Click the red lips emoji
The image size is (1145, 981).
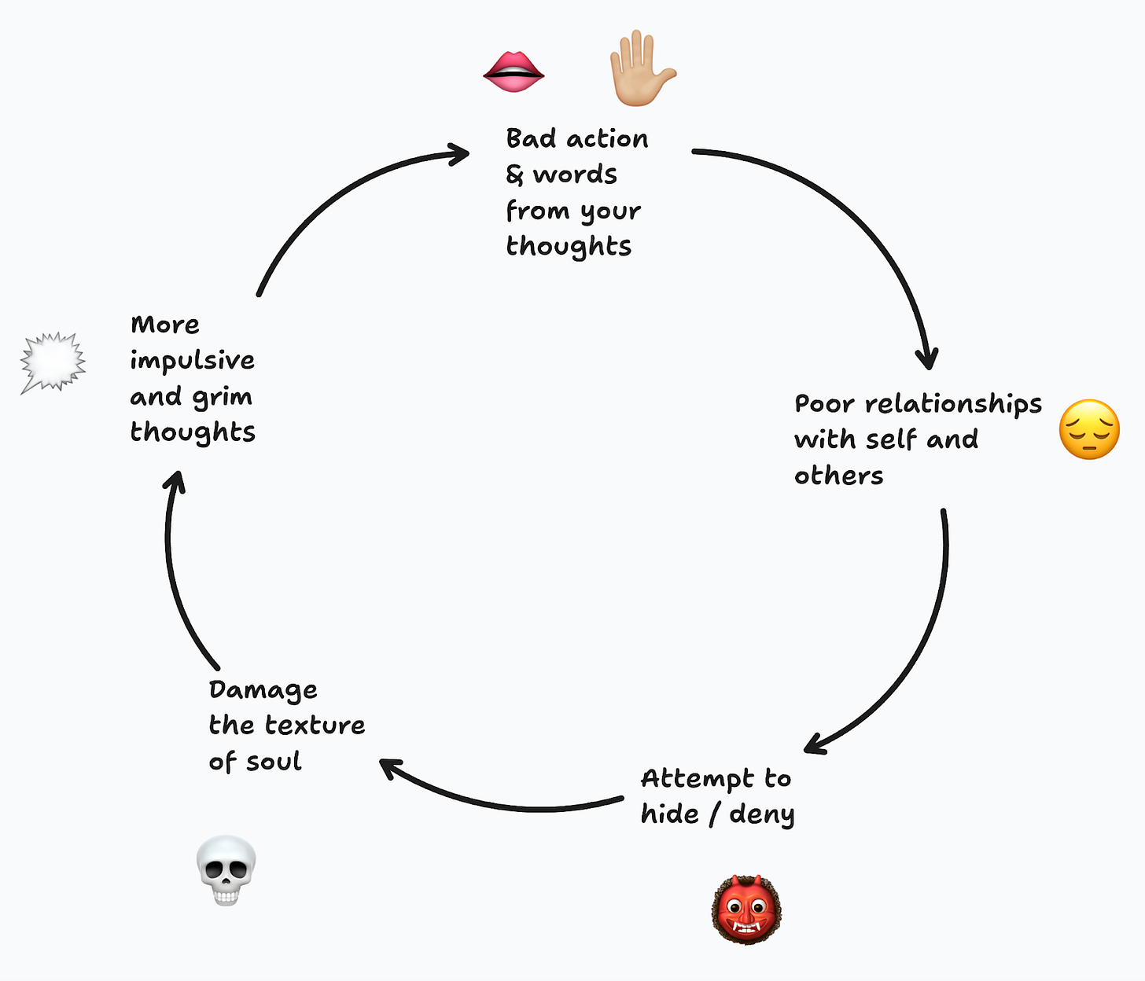514,72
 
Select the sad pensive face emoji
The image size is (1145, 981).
1089,429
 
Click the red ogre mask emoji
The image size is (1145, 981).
746,909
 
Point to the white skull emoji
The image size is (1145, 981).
226,869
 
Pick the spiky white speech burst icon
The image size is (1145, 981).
53,362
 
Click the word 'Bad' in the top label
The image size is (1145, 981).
531,138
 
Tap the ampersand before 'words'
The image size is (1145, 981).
514,175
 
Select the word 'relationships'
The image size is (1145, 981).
953,404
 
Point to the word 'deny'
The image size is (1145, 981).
761,815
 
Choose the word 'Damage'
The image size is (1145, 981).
263,690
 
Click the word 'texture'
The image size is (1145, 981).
315,725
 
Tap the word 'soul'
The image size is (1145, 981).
274,761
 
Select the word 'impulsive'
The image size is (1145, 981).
192,361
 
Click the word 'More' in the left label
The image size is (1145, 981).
165,325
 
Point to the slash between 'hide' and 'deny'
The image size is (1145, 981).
713,815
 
